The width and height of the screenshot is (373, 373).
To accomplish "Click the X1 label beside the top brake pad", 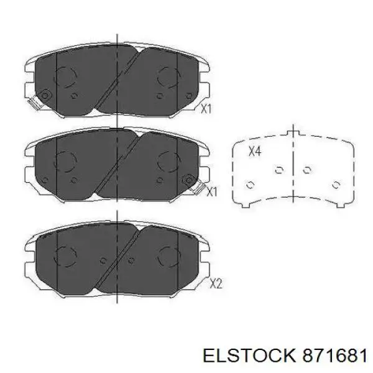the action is click(x=206, y=109).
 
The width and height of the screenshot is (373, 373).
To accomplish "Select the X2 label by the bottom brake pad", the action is click(x=216, y=283).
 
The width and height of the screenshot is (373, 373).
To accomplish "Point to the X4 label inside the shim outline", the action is click(x=255, y=151).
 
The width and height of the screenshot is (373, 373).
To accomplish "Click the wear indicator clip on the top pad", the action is click(x=34, y=103).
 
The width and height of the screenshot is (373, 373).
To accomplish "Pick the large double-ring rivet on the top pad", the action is click(x=45, y=95).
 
